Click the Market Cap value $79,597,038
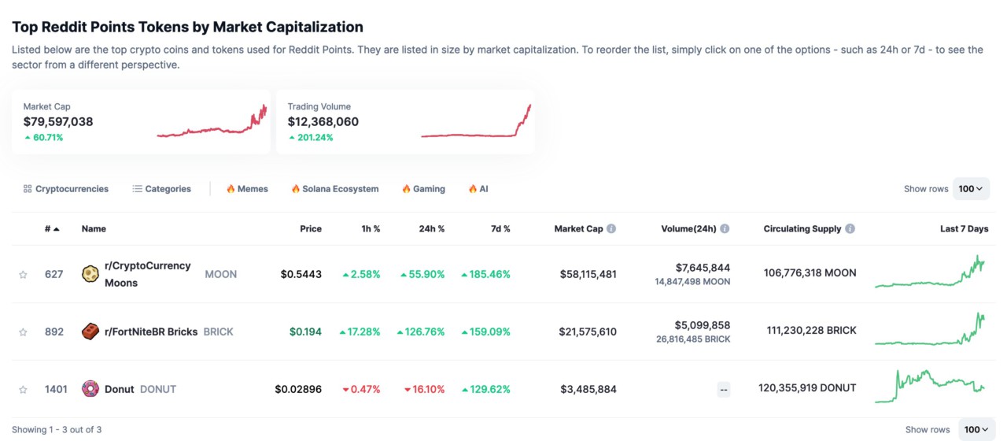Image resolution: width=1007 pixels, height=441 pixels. (x=58, y=122)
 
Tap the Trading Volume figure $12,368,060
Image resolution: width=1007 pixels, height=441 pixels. (x=323, y=122)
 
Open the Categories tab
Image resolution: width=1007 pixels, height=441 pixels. (x=161, y=189)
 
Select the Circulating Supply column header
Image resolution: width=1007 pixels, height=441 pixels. (x=802, y=229)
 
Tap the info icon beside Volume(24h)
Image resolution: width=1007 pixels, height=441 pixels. (x=725, y=229)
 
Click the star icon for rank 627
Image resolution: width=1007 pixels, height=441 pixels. (x=23, y=275)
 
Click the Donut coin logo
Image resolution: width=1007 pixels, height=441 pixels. (x=90, y=389)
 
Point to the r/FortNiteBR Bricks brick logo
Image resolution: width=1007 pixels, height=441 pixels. (x=90, y=332)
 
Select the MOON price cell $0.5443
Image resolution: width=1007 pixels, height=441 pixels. (x=301, y=274)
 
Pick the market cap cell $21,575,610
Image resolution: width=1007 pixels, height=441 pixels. (x=588, y=332)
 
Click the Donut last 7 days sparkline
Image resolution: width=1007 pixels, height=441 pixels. (x=929, y=385)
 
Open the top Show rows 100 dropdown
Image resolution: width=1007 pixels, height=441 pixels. (x=971, y=189)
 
